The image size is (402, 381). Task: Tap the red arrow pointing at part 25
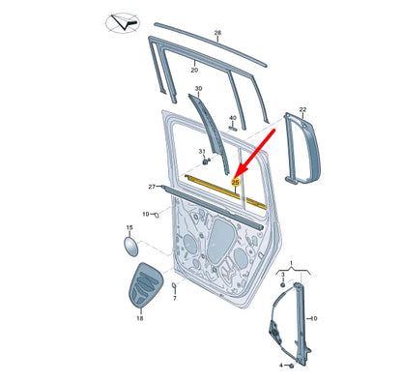point(256,151)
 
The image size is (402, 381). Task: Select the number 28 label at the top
point(217,34)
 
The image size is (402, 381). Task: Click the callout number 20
point(194,70)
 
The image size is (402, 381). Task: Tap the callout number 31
point(202,153)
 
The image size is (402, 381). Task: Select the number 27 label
point(152,186)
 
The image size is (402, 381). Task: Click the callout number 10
point(146,214)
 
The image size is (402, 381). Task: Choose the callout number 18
point(139,316)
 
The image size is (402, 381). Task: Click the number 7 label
point(174,299)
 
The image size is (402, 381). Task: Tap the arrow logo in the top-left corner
point(124,22)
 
